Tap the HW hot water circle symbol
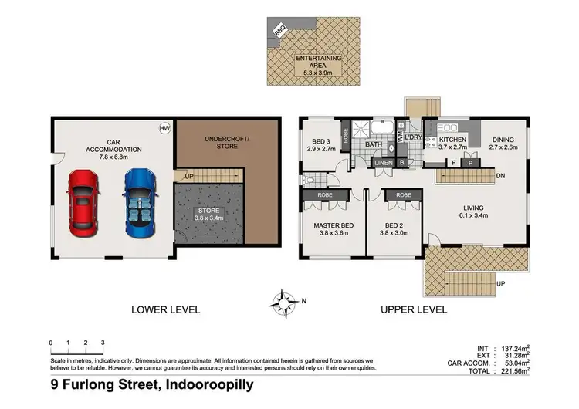pos(164,129)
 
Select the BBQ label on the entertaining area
pos(279,32)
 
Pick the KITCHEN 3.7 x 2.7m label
pos(453,144)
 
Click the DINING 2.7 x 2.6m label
pos(503,144)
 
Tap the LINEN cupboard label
pos(384,163)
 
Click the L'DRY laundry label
pos(412,137)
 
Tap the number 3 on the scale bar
pos(102,342)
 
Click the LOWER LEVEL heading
pos(166,309)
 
